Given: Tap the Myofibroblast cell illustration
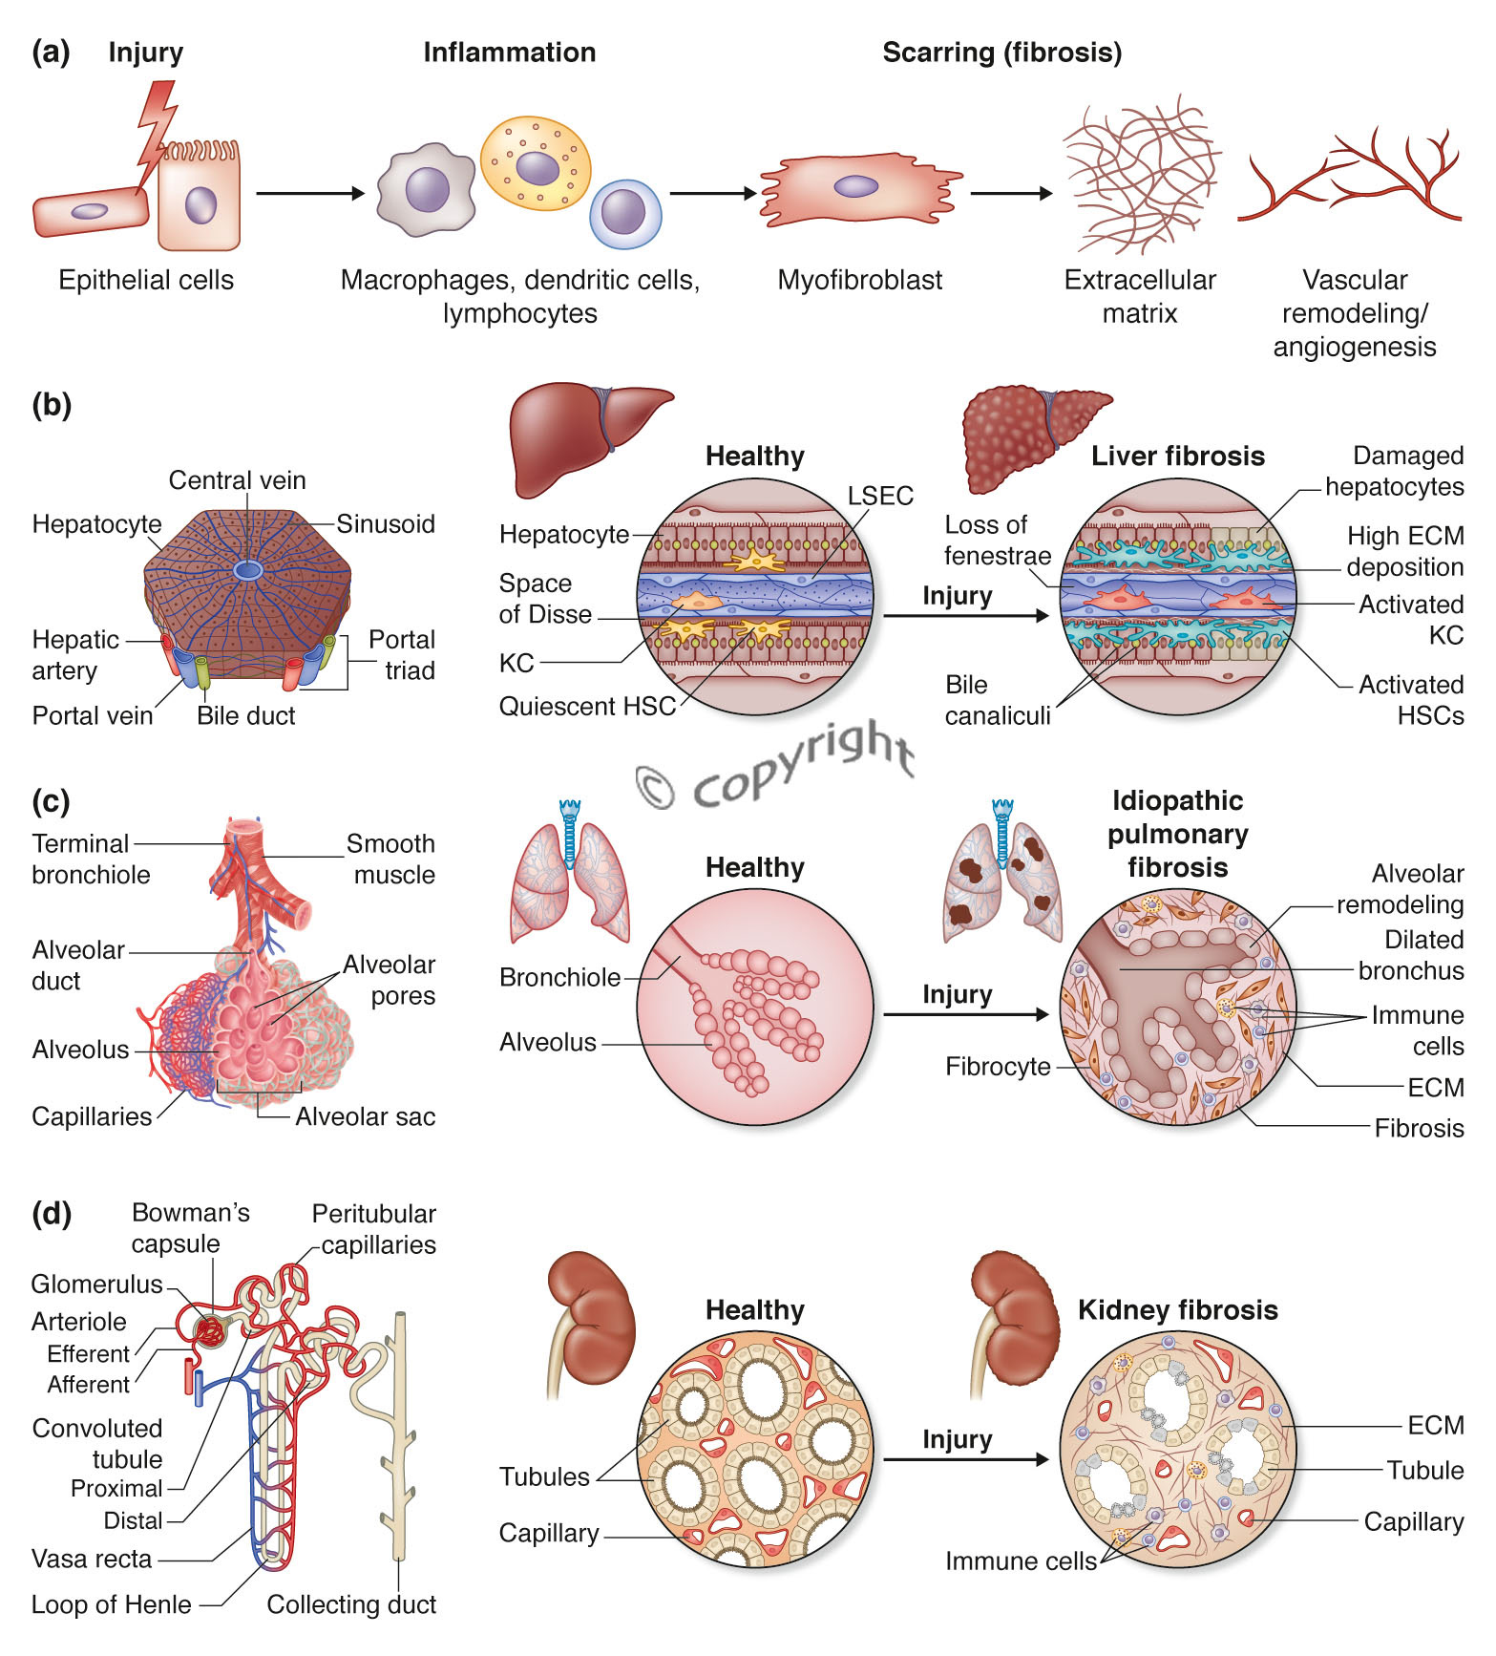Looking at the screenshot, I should pyautogui.click(x=858, y=189).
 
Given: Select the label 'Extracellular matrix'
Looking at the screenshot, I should pyautogui.click(x=1139, y=296).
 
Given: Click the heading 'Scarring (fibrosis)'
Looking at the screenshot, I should pyautogui.click(x=1001, y=53).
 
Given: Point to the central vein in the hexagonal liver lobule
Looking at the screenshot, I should pyautogui.click(x=248, y=570).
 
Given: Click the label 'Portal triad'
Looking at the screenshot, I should pyautogui.click(x=402, y=654).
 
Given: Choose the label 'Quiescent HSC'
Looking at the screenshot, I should pyautogui.click(x=586, y=707).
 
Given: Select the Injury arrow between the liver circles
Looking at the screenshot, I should pyautogui.click(x=964, y=616).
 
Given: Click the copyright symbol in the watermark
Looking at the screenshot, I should pyautogui.click(x=656, y=787).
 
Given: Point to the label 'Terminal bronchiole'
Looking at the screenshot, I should pyautogui.click(x=91, y=859).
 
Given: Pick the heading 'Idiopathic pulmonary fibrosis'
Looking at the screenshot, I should pyautogui.click(x=1177, y=834).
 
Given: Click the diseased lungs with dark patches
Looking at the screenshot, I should pyautogui.click(x=1001, y=879).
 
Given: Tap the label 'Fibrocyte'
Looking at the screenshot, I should pyautogui.click(x=997, y=1067).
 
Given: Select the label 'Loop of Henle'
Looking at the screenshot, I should pyautogui.click(x=111, y=1604).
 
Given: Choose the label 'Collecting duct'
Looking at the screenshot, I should pyautogui.click(x=351, y=1604).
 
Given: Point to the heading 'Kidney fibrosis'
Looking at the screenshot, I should pyautogui.click(x=1177, y=1309).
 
